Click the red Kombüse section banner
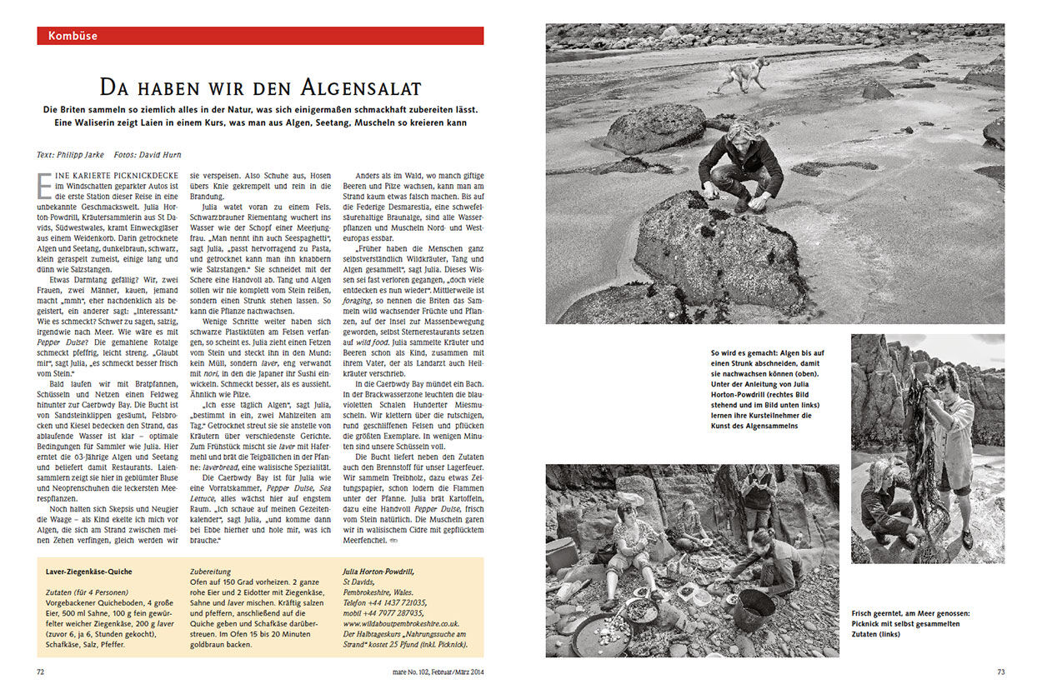260,36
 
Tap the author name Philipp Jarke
83,154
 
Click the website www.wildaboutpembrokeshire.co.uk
402,622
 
